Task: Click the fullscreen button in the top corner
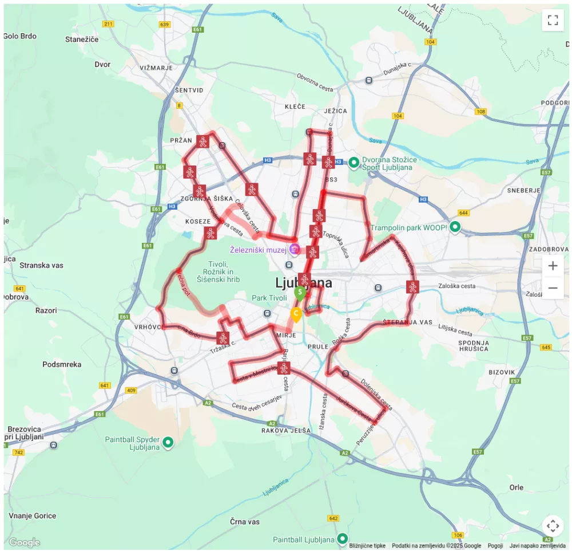pos(553,21)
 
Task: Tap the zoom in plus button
pos(553,266)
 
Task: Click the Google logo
pos(25,542)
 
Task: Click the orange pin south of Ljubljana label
pos(296,314)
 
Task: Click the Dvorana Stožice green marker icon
pos(354,163)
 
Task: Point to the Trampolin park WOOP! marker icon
pos(455,227)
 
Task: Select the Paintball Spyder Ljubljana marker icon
pos(168,442)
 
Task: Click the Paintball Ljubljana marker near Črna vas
pos(342,539)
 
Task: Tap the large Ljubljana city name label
pos(303,283)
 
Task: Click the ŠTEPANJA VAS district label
pos(408,322)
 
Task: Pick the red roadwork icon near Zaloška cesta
pos(413,287)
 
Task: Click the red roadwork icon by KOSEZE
pos(210,233)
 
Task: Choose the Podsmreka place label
pos(62,364)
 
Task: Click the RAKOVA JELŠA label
pos(286,430)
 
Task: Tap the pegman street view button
pos(553,526)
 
